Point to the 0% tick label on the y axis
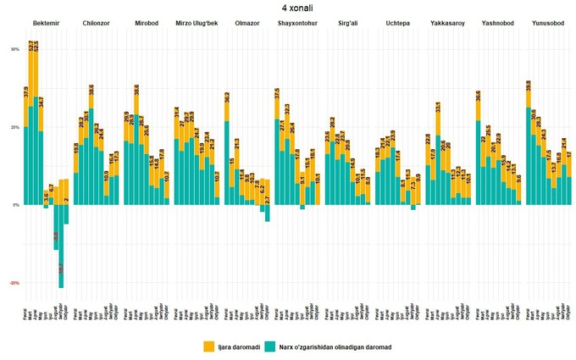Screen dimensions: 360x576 coord(15,205)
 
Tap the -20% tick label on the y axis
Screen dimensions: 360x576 coord(14,283)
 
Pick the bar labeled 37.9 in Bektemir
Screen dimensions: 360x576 coord(26,144)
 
